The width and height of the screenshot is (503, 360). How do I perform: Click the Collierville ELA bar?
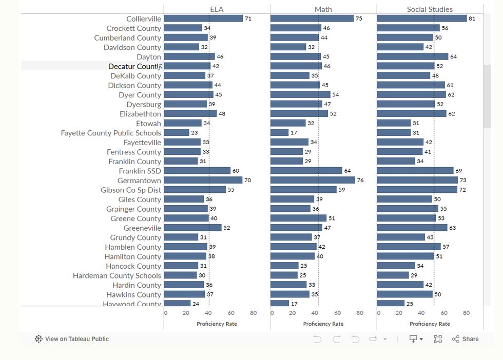203,18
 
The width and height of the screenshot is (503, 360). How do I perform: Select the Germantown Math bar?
313,180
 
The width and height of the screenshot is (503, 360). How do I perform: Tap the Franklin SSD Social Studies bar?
415,171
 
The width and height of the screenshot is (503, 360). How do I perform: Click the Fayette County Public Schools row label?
111,133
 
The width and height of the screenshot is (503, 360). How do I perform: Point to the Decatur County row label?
134,66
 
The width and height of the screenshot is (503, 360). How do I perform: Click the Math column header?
323,9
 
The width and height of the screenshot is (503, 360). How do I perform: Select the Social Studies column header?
430,9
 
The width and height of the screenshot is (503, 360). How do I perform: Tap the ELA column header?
217,9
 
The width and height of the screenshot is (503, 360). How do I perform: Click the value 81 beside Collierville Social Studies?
472,18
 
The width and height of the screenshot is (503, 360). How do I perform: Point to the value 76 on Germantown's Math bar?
360,180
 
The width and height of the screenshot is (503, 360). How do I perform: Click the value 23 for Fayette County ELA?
195,133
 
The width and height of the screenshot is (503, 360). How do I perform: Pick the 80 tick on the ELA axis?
254,313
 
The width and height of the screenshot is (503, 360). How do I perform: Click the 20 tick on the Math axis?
292,313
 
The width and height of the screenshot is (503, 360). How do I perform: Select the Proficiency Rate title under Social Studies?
430,324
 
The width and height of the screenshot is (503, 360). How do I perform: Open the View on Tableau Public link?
72,339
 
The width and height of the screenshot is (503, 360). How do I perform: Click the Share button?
465,339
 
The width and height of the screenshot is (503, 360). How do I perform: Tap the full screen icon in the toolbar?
437,339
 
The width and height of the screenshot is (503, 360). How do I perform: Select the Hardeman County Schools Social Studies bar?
393,275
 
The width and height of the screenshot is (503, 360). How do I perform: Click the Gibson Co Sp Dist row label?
131,190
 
